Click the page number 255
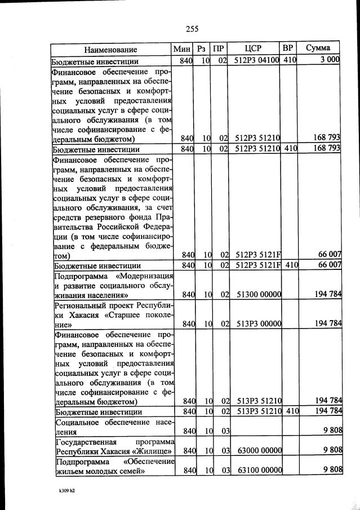click(192, 29)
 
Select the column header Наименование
click(111, 49)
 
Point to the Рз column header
click(202, 49)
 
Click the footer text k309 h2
click(66, 491)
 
